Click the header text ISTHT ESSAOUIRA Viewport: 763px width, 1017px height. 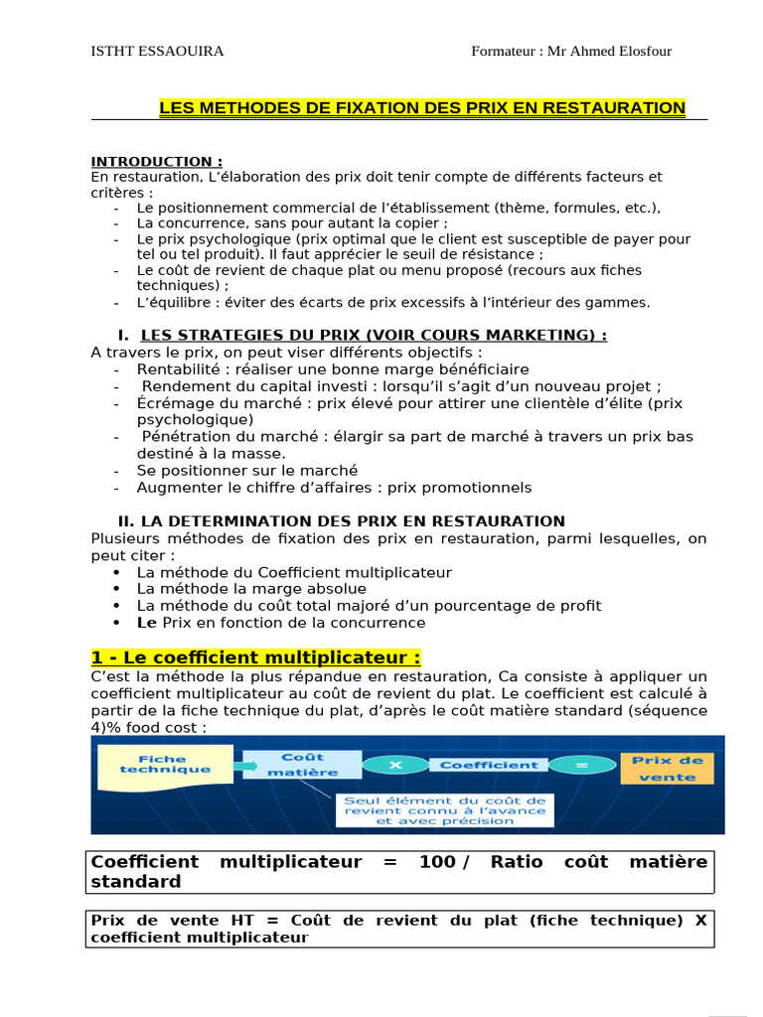coord(157,52)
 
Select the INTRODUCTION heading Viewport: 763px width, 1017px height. coord(157,161)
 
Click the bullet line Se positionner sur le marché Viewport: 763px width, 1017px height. coord(247,470)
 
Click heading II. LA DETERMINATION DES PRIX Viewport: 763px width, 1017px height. coord(341,520)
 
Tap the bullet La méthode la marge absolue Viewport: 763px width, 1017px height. coord(251,589)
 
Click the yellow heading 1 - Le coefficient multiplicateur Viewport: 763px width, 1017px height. coord(255,657)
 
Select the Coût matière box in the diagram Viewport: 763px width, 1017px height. coord(303,764)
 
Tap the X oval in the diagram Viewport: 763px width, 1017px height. coord(394,765)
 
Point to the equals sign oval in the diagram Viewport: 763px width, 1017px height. coord(581,765)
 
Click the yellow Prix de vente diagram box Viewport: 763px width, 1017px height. coord(667,768)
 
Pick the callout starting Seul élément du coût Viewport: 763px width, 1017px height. coord(445,809)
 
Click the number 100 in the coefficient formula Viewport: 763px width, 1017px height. coord(437,861)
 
